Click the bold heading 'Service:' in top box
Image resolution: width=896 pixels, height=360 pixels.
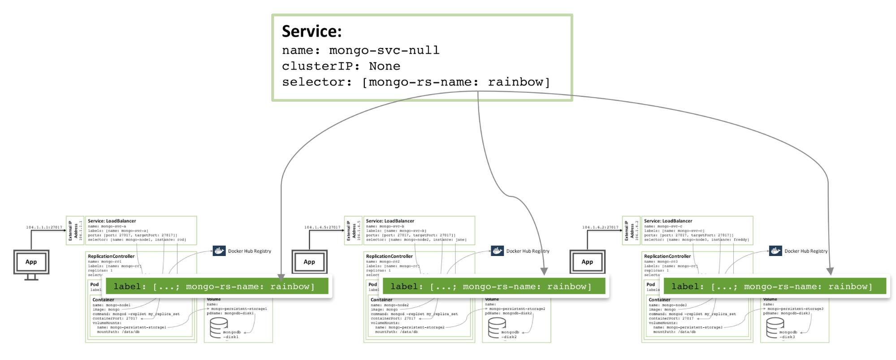point(312,31)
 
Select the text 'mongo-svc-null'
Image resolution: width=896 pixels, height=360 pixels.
point(384,50)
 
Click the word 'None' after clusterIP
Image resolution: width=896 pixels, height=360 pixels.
point(384,66)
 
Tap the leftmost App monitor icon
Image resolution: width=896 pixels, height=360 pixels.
point(31,262)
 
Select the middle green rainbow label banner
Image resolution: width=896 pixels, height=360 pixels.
point(493,286)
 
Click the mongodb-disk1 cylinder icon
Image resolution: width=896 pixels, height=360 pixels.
point(219,328)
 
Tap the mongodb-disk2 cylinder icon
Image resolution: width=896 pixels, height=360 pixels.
point(497,328)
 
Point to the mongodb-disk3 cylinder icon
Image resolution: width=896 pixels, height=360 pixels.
point(775,328)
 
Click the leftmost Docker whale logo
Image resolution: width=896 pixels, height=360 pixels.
point(219,251)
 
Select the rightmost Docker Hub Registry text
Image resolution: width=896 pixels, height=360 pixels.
point(806,251)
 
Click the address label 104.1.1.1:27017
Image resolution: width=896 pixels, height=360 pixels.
point(44,227)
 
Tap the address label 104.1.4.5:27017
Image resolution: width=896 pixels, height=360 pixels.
point(322,227)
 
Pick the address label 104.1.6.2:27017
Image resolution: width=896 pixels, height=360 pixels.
point(600,227)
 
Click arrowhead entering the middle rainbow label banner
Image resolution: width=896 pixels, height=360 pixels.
point(544,271)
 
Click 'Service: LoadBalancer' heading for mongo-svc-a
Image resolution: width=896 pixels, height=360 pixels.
point(112,221)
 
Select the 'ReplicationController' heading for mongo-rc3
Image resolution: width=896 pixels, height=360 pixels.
point(667,256)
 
